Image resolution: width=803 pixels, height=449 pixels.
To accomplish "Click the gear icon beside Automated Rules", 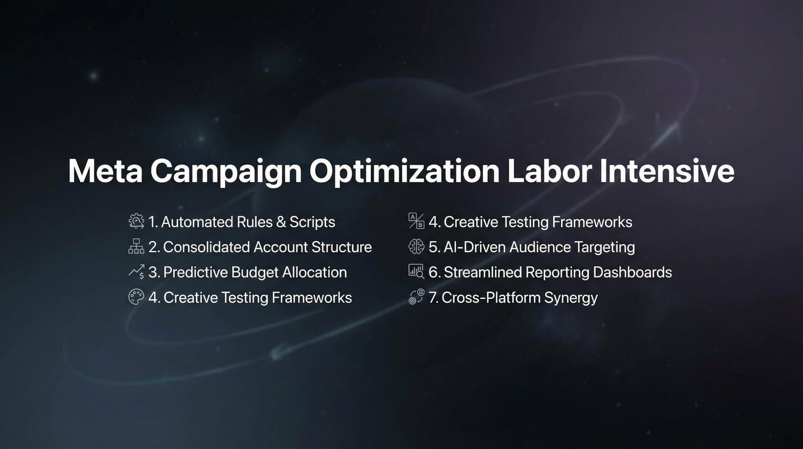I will coord(136,221).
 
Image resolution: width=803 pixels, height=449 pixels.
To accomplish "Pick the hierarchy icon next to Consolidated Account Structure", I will coord(136,246).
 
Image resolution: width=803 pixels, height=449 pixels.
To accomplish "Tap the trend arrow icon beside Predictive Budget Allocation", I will coord(136,272).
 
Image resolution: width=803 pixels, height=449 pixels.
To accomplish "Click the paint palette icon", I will coord(136,297).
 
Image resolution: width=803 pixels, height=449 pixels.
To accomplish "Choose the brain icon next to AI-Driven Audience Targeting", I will coord(416,247).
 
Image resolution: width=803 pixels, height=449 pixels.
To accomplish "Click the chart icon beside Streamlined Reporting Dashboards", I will coord(416,271).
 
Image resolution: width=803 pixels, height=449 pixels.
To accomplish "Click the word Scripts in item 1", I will coord(312,222).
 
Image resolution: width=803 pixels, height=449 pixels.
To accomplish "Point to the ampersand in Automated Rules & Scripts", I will coord(281,222).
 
